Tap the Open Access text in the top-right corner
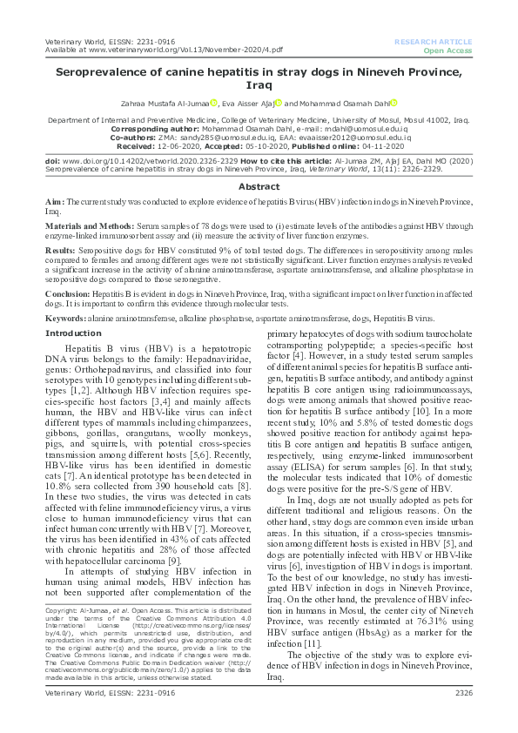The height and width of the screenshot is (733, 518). (x=447, y=50)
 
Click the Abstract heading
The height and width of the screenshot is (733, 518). (x=259, y=186)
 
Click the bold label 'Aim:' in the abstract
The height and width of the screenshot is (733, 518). (x=54, y=202)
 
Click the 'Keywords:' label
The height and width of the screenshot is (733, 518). (x=66, y=319)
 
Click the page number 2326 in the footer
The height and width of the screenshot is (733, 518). (x=463, y=716)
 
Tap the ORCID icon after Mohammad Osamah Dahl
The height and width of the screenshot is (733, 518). (x=393, y=104)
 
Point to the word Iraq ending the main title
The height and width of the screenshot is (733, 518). (x=259, y=87)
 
